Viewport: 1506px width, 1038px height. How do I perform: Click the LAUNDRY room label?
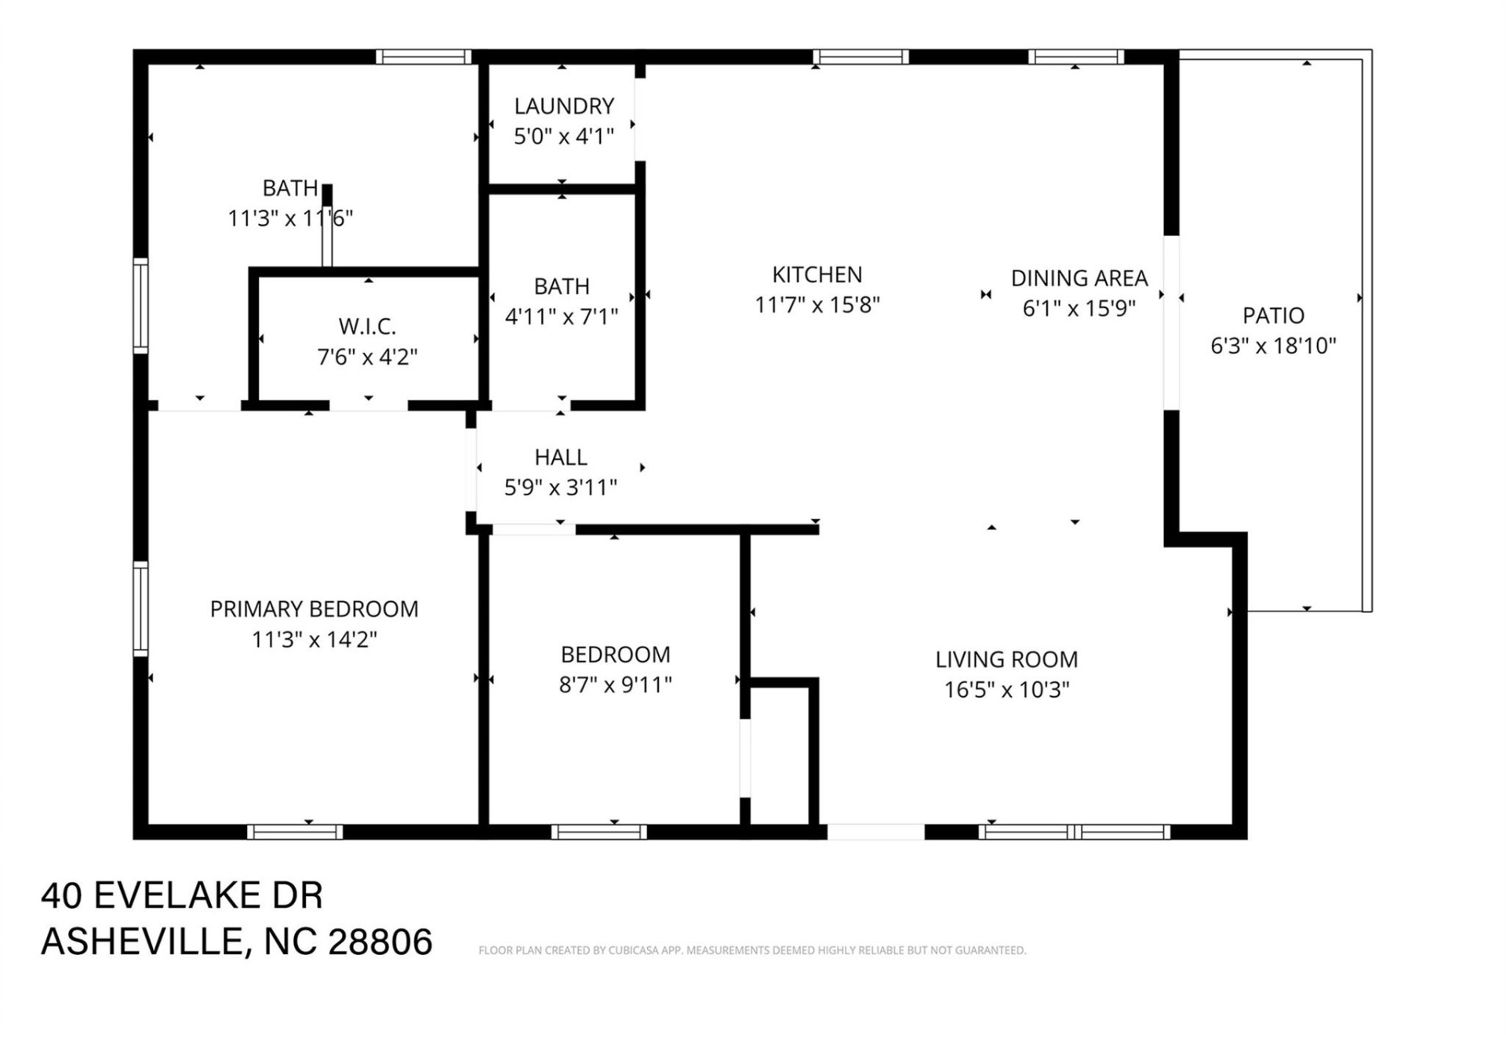563,106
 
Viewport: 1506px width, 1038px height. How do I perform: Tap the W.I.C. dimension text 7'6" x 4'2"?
366,357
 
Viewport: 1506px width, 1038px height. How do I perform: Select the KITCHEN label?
817,275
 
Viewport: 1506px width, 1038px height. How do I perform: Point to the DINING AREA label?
1079,278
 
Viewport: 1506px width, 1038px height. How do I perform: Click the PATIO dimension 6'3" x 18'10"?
1272,346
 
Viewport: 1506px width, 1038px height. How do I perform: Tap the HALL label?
560,457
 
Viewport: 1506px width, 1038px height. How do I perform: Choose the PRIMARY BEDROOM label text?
314,609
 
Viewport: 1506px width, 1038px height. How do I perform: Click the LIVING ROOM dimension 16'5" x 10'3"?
1006,690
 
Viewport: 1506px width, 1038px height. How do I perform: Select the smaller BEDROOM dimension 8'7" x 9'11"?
615,685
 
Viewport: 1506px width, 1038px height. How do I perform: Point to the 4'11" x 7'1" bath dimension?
561,317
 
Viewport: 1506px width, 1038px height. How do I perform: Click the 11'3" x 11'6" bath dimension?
290,219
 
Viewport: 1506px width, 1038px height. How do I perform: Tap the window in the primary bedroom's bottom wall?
295,832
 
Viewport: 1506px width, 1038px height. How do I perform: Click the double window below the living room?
1074,832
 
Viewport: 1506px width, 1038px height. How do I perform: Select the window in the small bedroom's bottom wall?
598,832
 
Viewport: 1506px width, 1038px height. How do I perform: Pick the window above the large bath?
423,56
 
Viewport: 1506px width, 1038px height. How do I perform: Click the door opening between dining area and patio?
1171,322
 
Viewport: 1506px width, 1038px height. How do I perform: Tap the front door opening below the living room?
875,832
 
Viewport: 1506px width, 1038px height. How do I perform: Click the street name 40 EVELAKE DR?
181,895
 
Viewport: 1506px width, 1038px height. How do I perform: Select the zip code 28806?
380,942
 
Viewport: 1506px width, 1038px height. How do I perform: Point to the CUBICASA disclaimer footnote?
751,950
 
